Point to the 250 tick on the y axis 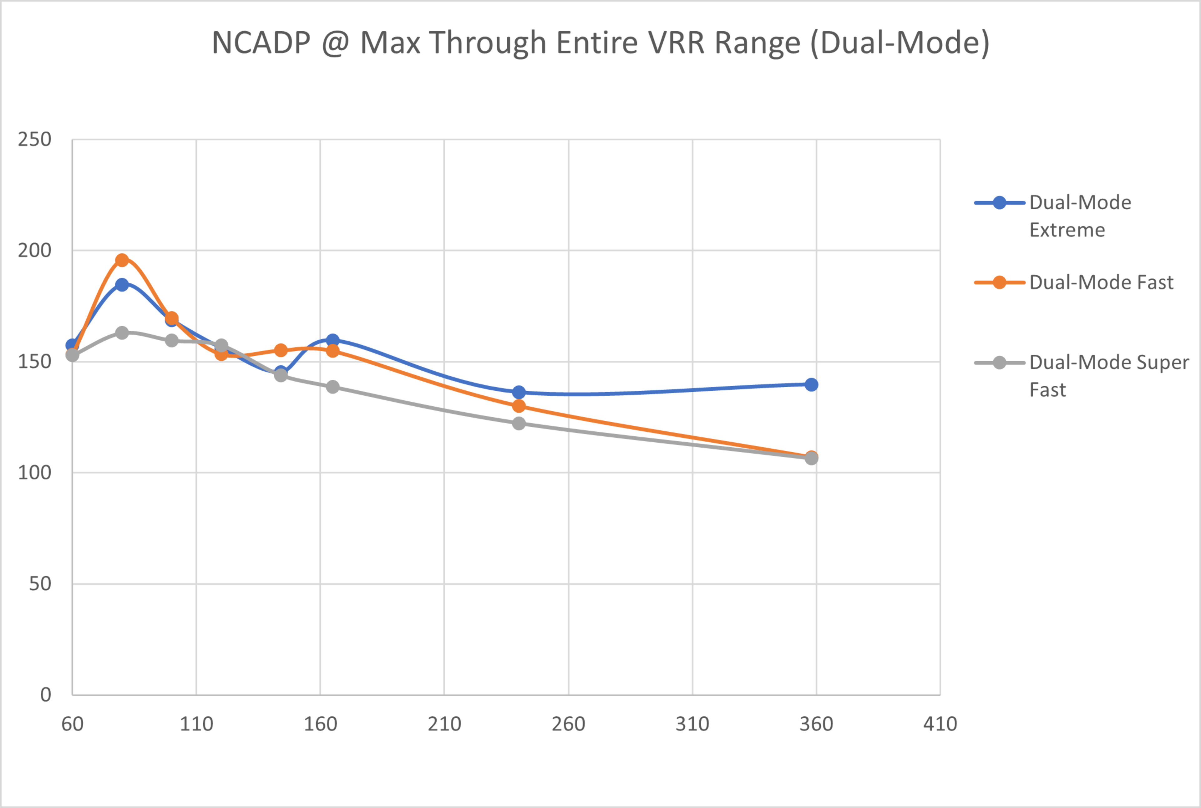click(x=34, y=140)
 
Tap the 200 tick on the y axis click(x=34, y=251)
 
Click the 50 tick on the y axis click(x=40, y=584)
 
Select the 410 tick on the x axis click(x=940, y=724)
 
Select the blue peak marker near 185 click(x=122, y=284)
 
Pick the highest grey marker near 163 click(x=122, y=333)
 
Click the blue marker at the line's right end click(x=811, y=384)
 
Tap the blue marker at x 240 click(x=519, y=393)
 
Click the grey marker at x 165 click(x=333, y=386)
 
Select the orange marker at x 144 click(x=281, y=350)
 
